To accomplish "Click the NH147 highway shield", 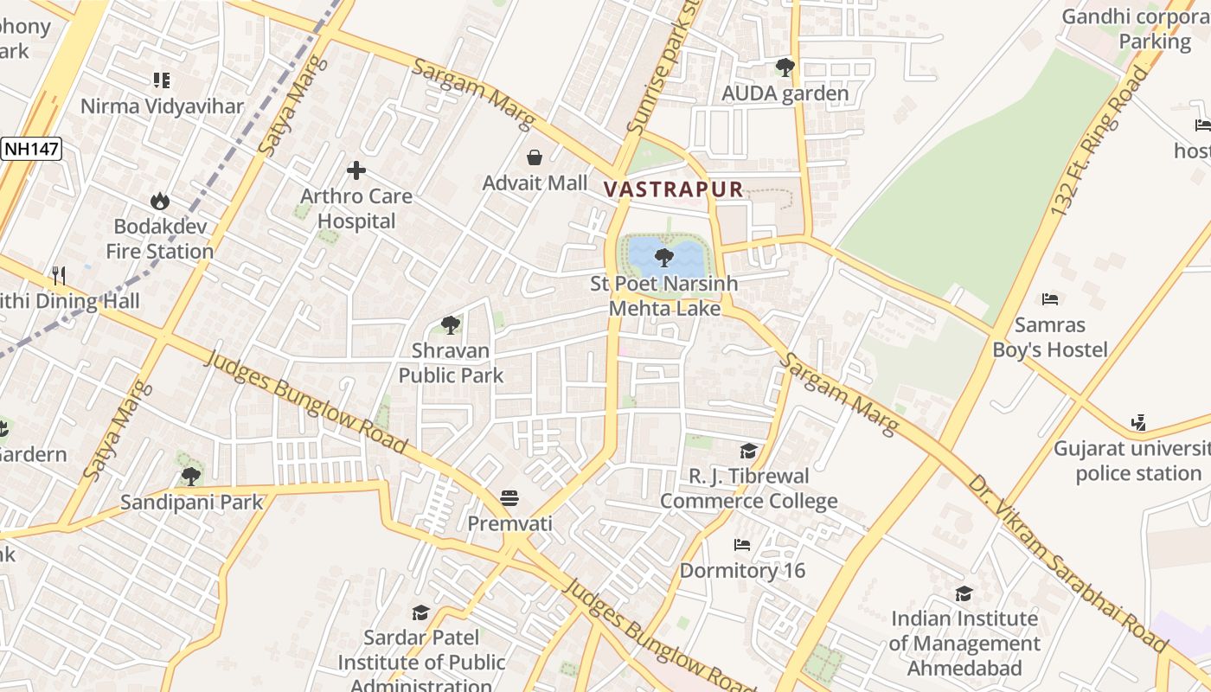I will (31, 149).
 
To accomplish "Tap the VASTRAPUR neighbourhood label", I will (673, 189).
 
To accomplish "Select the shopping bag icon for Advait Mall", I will (535, 157).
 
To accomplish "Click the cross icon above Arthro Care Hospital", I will (356, 170).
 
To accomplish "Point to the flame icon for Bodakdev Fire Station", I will (160, 202).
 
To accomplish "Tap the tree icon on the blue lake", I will (664, 257).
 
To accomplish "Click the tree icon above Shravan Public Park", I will (450, 325).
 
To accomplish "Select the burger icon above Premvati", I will (509, 498).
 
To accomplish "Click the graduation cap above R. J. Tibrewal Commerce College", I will (748, 451).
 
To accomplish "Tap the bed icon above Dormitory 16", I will (741, 545).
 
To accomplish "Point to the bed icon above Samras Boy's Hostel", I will (1050, 299).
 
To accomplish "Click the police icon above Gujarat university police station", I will (1138, 423).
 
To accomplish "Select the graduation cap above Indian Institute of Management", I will (964, 593).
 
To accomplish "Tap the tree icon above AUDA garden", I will (785, 67).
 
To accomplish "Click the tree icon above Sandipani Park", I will (191, 476).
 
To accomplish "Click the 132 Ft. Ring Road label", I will (1099, 143).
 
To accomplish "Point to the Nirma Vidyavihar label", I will (162, 106).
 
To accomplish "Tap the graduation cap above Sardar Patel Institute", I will (420, 612).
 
